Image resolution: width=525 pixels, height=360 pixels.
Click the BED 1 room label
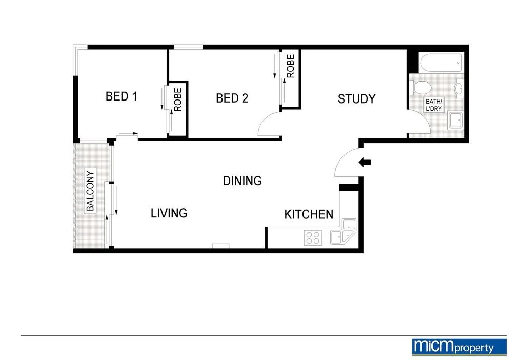point(121,96)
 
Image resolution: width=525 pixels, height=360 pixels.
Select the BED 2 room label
point(232,98)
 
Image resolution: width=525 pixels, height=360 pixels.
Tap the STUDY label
point(356,99)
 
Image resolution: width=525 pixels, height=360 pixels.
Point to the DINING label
point(242,181)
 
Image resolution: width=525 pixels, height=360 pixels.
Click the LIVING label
point(169,213)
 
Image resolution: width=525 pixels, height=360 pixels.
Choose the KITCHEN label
point(309,214)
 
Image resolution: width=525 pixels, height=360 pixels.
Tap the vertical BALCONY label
point(91,191)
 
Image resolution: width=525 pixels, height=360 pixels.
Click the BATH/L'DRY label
point(434,105)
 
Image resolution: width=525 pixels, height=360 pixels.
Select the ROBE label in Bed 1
point(178,100)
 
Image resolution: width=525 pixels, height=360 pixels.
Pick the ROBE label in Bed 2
point(291,66)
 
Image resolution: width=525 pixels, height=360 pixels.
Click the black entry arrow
point(365,163)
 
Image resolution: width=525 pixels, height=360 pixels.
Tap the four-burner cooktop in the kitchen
point(313,237)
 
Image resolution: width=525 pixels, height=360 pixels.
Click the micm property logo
point(459,347)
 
